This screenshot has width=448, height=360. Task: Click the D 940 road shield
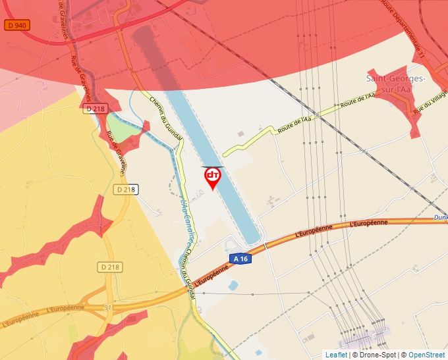coord(16,25)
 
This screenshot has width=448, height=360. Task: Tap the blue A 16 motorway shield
coord(241,259)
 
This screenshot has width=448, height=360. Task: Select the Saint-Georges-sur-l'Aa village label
coord(395,84)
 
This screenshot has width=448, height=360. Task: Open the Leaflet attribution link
coord(336,355)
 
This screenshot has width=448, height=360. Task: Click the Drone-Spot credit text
coord(376,355)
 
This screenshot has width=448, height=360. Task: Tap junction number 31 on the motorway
coord(108,307)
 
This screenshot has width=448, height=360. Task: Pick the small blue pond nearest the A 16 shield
coord(233,285)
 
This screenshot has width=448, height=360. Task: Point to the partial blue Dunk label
coord(440,217)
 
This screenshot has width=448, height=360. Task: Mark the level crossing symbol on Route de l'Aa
coord(316,116)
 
